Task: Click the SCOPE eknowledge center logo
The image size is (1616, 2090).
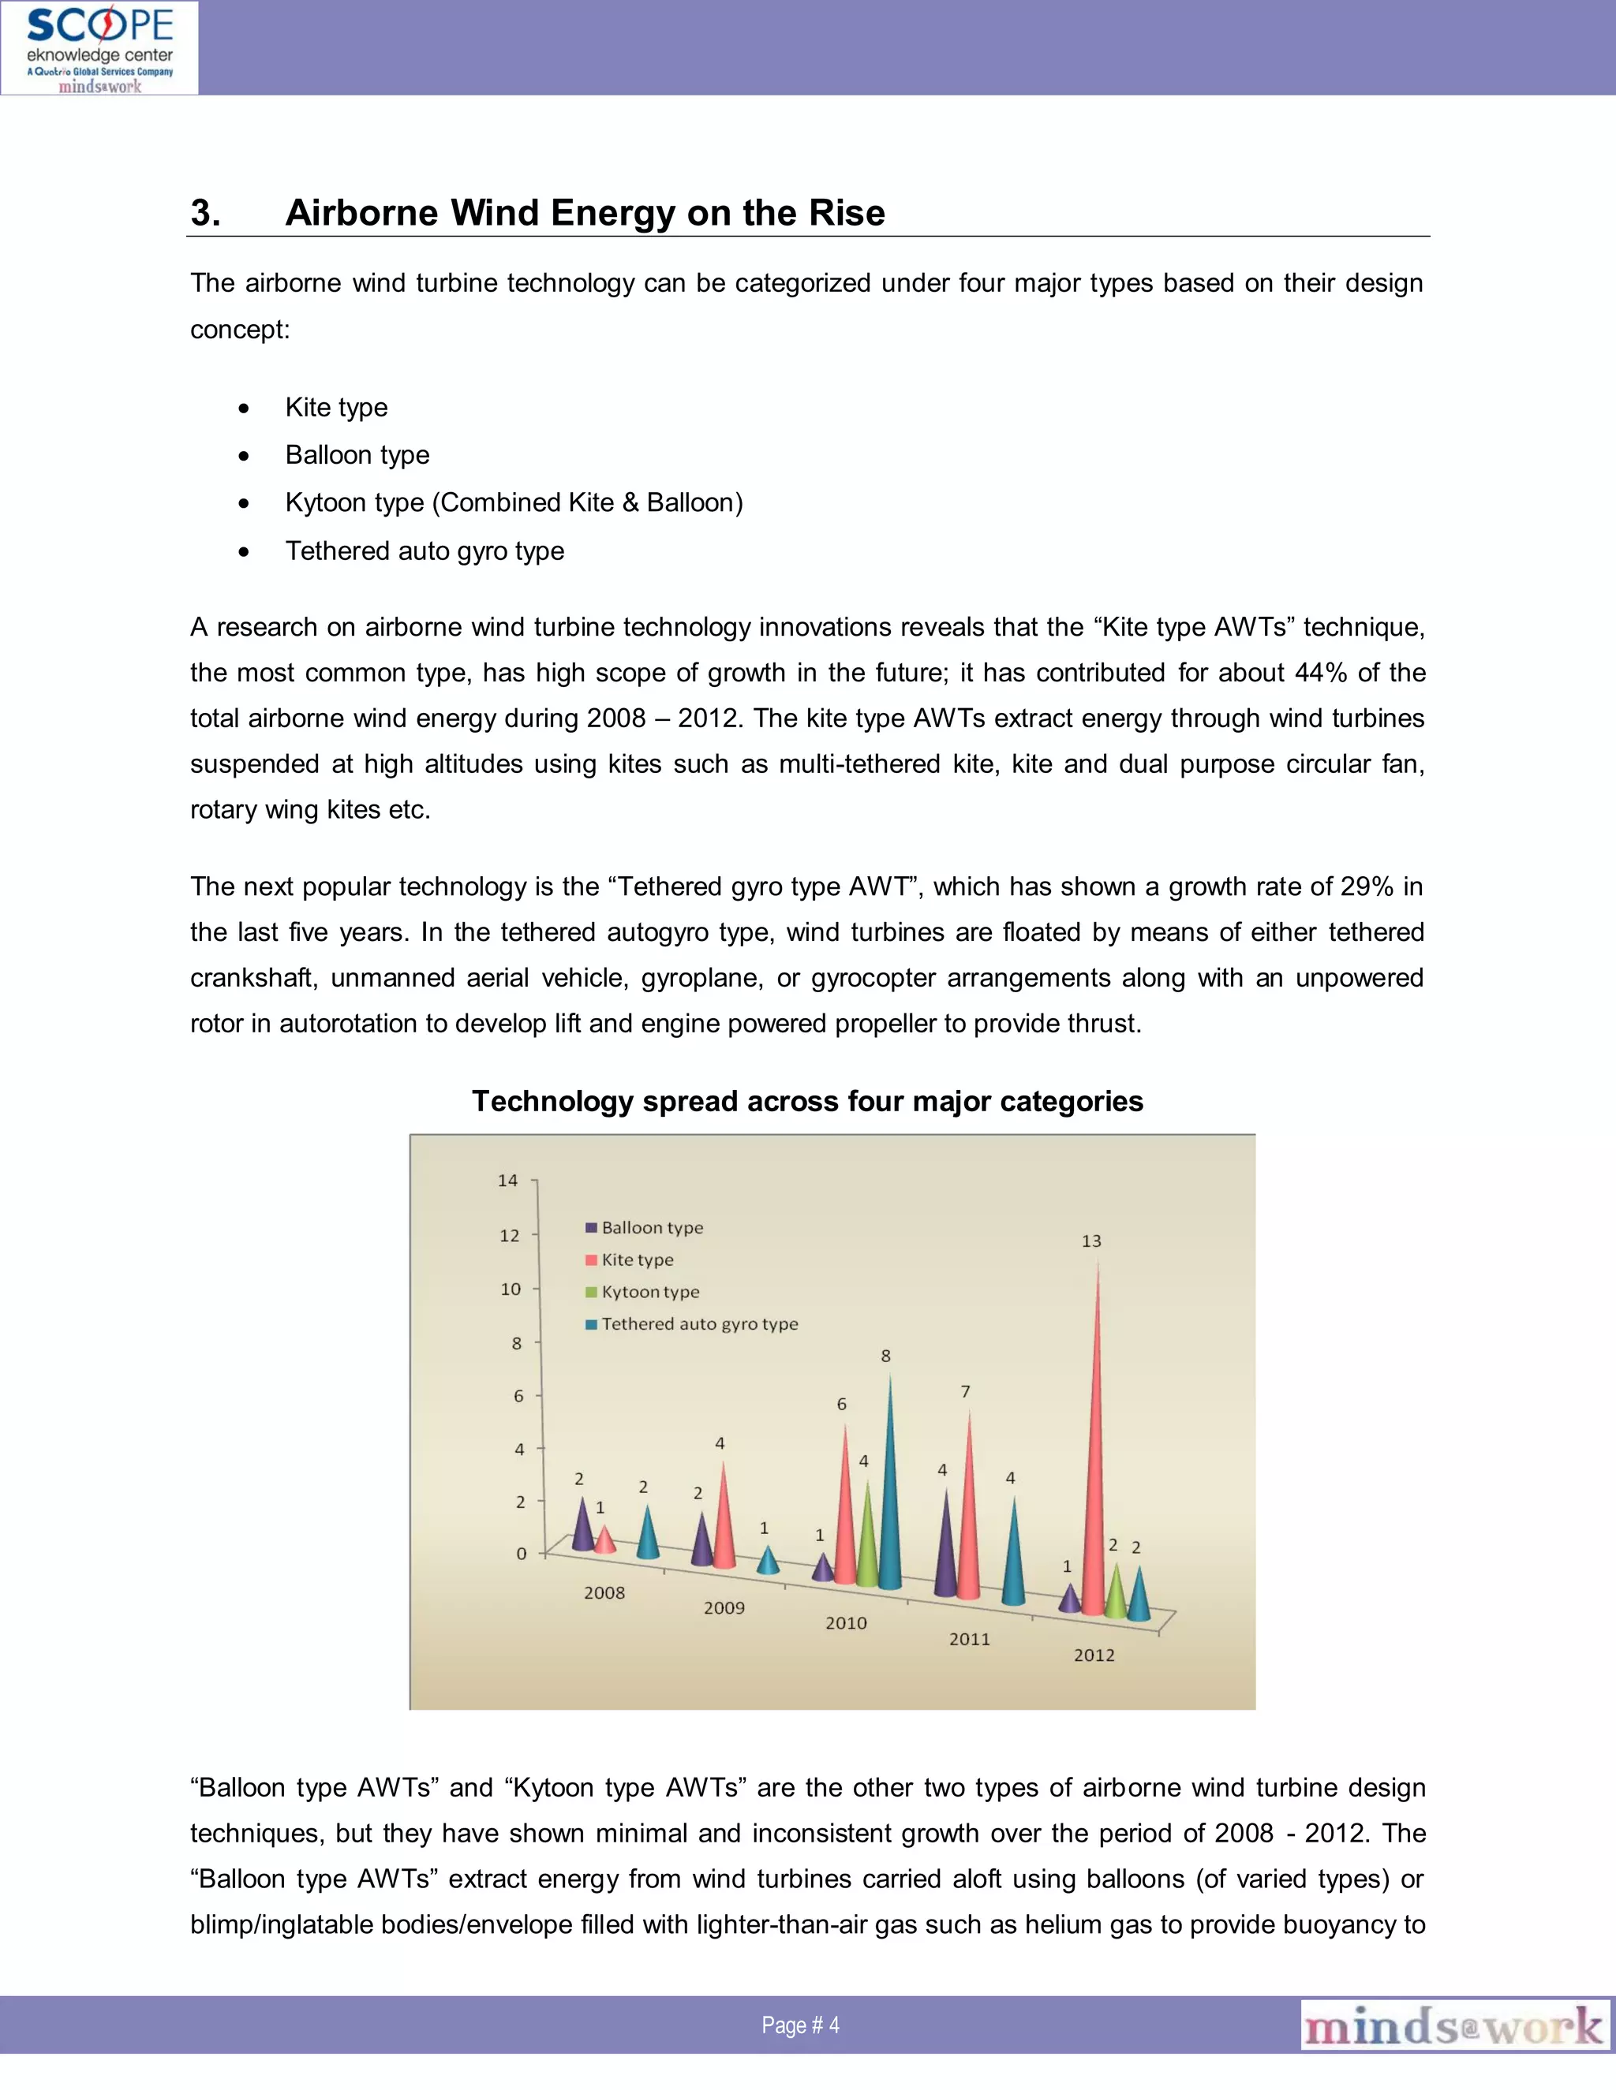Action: [99, 48]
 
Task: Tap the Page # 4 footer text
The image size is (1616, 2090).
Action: [800, 2025]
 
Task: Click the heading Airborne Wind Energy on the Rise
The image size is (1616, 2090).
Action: [585, 212]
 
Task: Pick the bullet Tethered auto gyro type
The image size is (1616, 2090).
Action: [424, 551]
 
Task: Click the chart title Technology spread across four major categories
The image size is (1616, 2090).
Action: [807, 1102]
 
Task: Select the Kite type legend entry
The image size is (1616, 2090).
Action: [637, 1260]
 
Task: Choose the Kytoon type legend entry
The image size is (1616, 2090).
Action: [650, 1292]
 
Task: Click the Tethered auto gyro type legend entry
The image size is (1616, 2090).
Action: [699, 1324]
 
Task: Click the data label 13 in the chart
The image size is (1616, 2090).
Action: [1091, 1241]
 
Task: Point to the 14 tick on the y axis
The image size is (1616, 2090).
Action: [507, 1181]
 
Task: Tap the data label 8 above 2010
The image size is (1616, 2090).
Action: [885, 1356]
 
